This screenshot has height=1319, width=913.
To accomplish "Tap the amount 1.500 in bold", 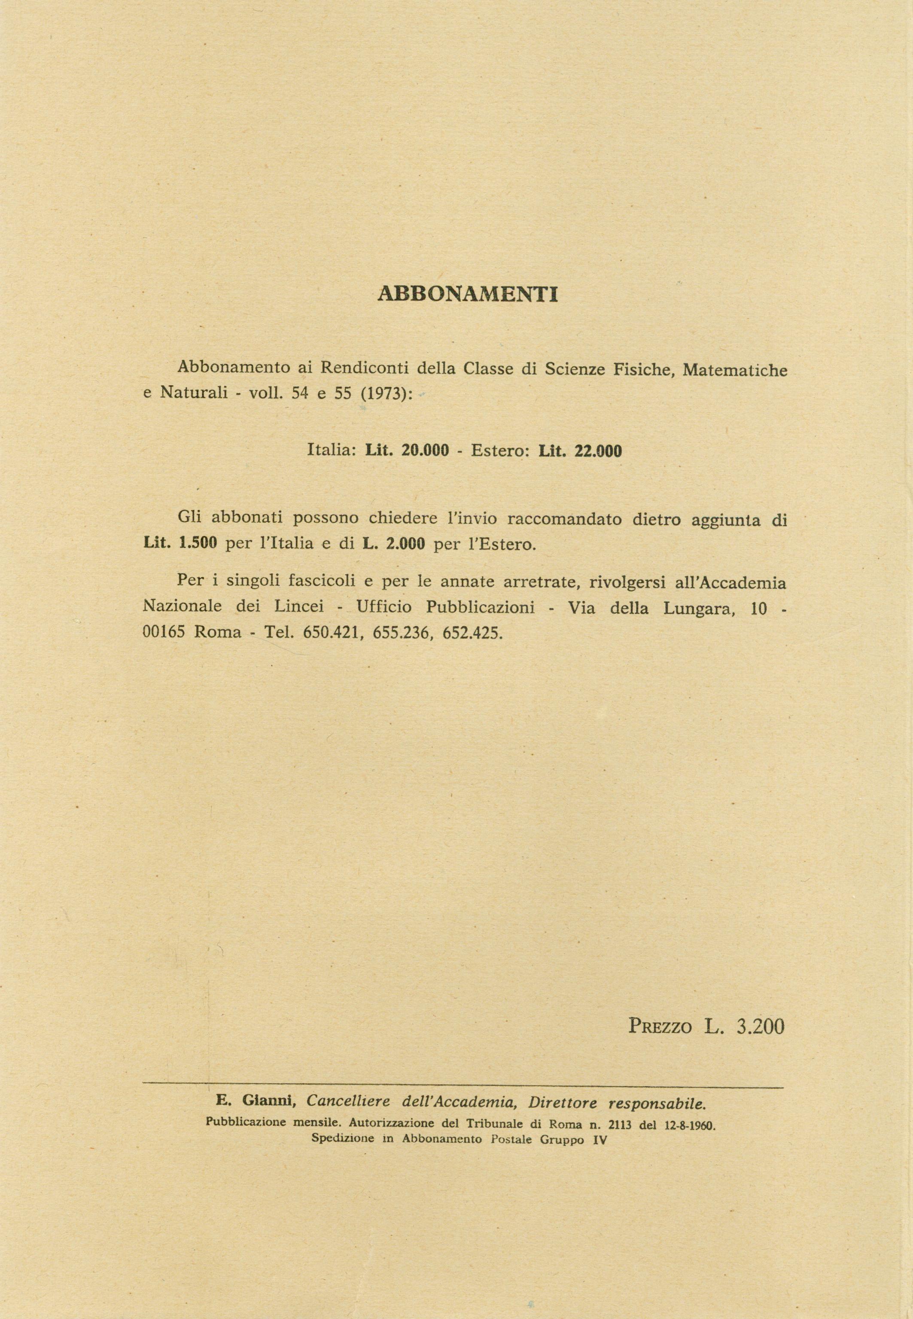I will (x=198, y=543).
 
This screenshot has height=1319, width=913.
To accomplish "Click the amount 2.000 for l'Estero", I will (x=405, y=543).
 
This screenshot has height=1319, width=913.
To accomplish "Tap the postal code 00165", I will (x=164, y=633).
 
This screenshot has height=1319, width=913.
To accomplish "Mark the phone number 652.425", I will (x=472, y=633).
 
